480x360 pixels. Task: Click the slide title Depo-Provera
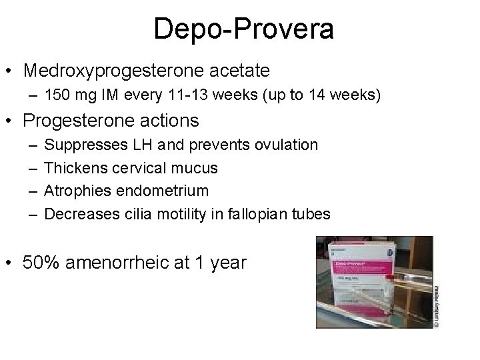[x=243, y=30]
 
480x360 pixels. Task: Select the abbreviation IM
[x=107, y=96]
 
